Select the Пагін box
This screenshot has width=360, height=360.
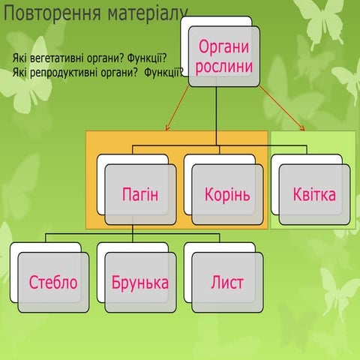tap(139, 195)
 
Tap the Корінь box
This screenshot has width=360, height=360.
tap(226, 195)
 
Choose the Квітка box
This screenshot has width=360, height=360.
tap(314, 195)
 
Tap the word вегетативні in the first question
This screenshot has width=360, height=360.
tap(57, 59)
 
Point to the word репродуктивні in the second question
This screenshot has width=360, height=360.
tap(64, 72)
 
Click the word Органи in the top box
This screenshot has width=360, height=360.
tap(223, 47)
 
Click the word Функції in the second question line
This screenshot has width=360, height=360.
tap(164, 72)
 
